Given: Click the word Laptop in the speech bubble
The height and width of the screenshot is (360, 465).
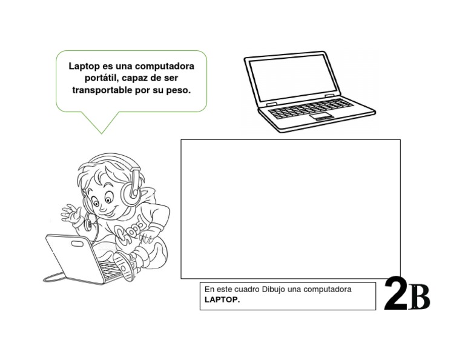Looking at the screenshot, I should pyautogui.click(x=84, y=65).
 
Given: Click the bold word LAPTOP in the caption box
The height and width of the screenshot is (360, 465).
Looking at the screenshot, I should pyautogui.click(x=222, y=299).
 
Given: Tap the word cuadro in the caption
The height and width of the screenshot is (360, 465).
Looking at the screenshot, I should pyautogui.click(x=245, y=289).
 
